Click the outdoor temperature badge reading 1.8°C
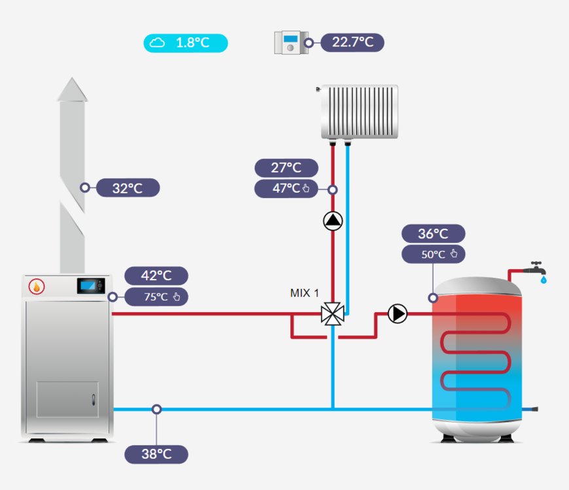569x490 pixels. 186,43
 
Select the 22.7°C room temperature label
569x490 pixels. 353,42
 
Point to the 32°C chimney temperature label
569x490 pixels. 128,188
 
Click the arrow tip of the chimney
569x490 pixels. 72,88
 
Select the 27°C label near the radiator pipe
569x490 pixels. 286,168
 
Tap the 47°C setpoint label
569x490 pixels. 286,189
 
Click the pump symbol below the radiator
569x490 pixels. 333,221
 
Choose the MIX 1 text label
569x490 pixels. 305,293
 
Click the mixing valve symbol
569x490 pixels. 333,314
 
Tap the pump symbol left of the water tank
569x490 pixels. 397,314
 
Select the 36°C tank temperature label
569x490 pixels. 433,234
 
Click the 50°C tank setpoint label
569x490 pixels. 433,254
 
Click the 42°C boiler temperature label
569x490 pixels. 156,276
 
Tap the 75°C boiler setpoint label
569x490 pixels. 156,297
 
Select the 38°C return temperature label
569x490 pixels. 156,454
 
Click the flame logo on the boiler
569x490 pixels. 37,286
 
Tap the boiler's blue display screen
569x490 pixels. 90,286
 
